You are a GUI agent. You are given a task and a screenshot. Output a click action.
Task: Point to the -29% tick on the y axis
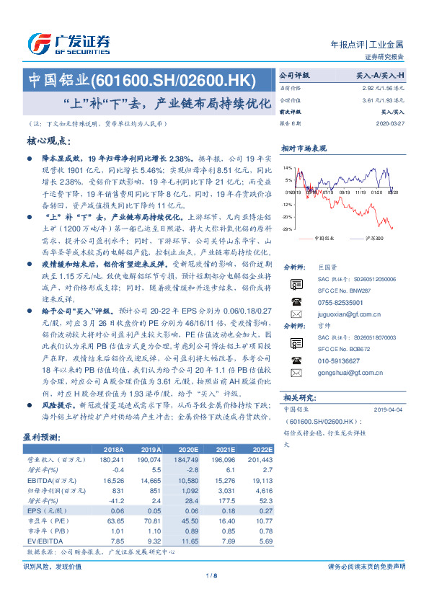287,229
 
